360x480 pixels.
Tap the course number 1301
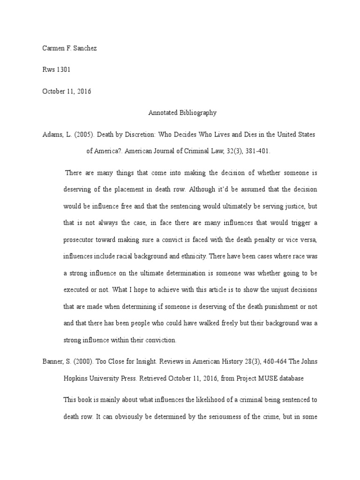tap(63, 70)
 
